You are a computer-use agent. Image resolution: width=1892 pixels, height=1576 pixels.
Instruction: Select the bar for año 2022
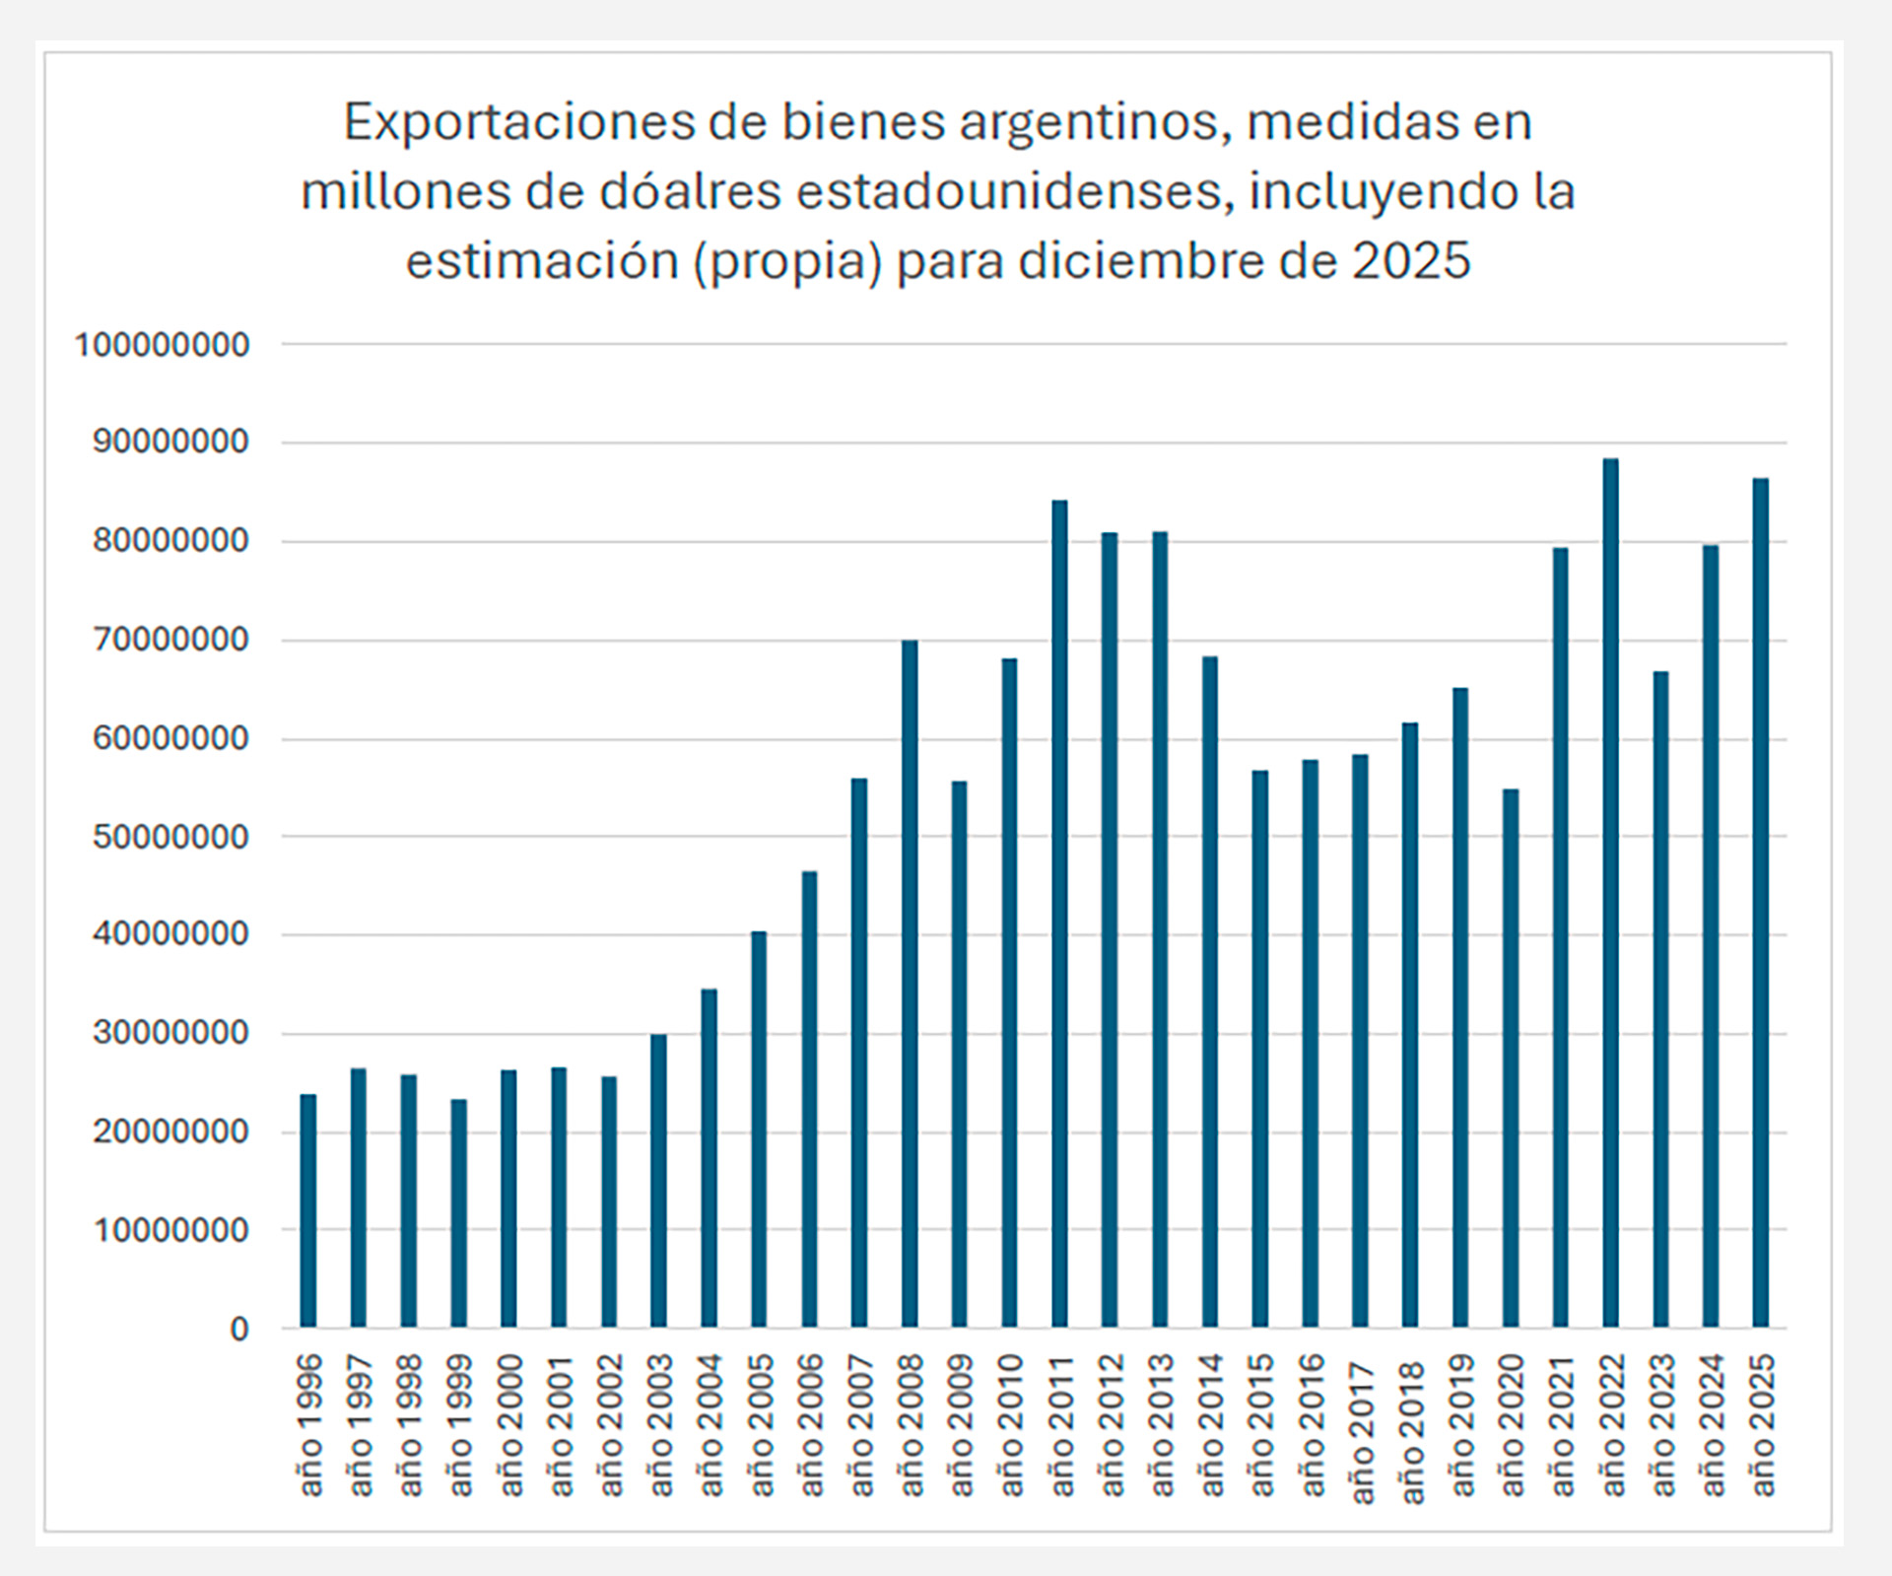[x=1610, y=893]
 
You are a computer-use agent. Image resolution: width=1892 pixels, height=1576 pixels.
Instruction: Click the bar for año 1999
[x=458, y=1213]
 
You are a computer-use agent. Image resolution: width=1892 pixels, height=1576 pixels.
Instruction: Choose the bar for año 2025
[x=1761, y=903]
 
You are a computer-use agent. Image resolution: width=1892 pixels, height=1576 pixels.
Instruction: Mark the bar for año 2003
[x=658, y=1181]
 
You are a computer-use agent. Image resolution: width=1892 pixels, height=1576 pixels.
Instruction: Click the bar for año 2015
[x=1260, y=1049]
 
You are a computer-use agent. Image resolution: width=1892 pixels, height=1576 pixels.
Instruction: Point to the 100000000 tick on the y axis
[x=163, y=346]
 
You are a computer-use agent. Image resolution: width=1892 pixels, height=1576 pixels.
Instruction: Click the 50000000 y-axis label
[x=170, y=838]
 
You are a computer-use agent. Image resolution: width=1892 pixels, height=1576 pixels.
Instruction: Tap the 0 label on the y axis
[x=239, y=1330]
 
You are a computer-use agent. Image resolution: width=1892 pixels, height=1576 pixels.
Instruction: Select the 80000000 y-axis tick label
[x=170, y=542]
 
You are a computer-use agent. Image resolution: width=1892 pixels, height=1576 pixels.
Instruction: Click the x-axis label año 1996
[x=309, y=1425]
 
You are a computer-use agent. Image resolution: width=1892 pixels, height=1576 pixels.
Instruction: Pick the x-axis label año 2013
[x=1162, y=1425]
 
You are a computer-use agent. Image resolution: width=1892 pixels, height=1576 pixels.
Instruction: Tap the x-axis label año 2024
[x=1713, y=1425]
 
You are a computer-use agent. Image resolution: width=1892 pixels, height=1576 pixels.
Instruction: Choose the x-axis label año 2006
[x=811, y=1425]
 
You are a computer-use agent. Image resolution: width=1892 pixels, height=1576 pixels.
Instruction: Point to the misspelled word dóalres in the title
[x=693, y=191]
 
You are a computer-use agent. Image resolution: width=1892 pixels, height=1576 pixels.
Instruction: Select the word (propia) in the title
[x=787, y=262]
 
